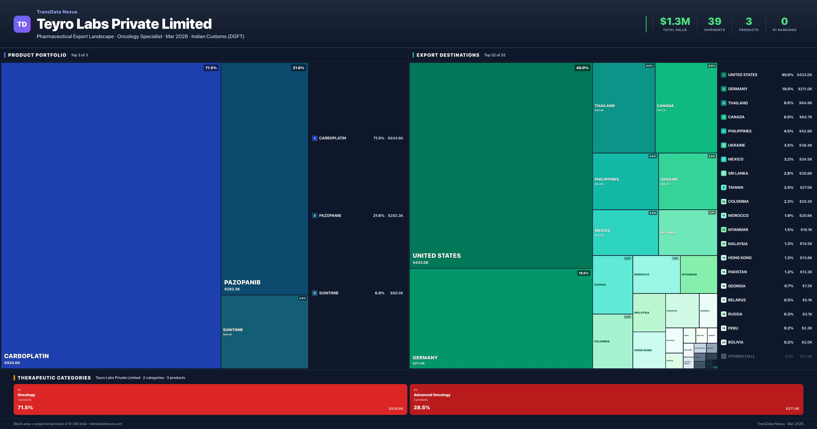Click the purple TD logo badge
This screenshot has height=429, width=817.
point(22,24)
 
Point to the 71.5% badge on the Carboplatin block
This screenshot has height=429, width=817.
point(211,68)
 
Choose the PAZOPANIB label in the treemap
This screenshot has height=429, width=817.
point(242,282)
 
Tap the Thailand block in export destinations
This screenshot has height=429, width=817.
point(623,108)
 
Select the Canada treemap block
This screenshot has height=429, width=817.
point(686,108)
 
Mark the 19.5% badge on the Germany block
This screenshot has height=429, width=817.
point(583,273)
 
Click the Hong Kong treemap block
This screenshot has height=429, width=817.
point(649,350)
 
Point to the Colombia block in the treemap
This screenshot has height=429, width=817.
point(612,341)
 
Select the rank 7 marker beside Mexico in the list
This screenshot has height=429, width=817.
point(723,159)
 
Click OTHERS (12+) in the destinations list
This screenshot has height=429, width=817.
point(741,356)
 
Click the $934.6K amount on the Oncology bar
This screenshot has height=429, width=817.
point(396,409)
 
